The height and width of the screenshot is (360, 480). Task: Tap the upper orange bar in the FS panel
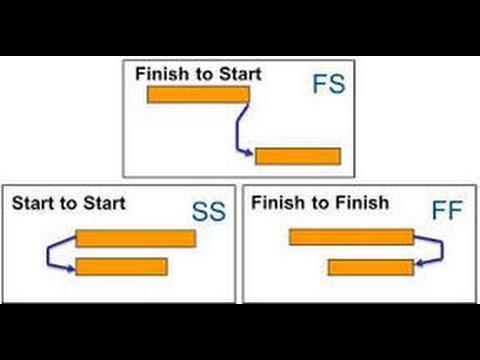198,95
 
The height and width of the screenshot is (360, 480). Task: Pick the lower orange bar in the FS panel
298,156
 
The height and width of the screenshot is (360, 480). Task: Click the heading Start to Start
69,203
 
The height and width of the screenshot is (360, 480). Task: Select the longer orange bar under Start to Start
135,238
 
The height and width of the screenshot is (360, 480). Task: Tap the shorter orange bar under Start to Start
121,267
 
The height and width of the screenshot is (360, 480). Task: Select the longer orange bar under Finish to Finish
351,237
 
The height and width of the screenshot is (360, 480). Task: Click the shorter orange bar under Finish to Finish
370,267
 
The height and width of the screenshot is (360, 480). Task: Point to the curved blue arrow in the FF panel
432,252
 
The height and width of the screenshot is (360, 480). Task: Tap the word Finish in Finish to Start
159,73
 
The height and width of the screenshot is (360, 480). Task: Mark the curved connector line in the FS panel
240,125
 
